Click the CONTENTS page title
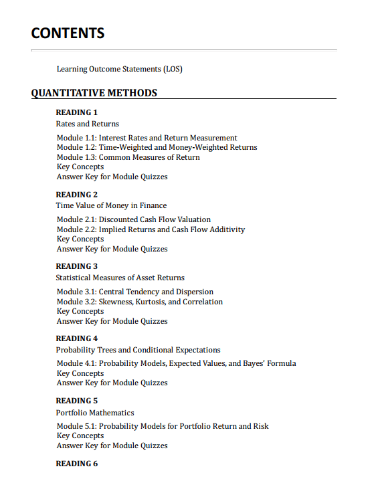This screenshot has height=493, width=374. [68, 33]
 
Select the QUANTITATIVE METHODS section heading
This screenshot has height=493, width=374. [94, 93]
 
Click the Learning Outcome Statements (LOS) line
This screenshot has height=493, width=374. [120, 69]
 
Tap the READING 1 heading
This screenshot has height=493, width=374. [77, 112]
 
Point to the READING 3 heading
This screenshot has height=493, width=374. [77, 266]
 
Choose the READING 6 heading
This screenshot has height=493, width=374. [77, 464]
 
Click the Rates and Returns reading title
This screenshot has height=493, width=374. [88, 124]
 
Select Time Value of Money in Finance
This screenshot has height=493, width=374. [112, 205]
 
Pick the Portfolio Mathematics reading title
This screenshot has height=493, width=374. [95, 413]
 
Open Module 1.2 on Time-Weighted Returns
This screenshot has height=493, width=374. [157, 147]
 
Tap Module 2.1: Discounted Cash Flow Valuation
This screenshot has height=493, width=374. [134, 219]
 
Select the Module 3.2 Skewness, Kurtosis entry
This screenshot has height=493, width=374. [140, 302]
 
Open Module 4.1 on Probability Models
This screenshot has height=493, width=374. [176, 363]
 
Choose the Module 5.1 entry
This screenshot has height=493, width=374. [163, 426]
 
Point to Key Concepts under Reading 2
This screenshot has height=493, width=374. [80, 239]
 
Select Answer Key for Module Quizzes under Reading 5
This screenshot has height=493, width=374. [112, 446]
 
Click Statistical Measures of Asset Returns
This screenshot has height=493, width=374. [120, 278]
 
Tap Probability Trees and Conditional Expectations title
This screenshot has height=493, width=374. [138, 350]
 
